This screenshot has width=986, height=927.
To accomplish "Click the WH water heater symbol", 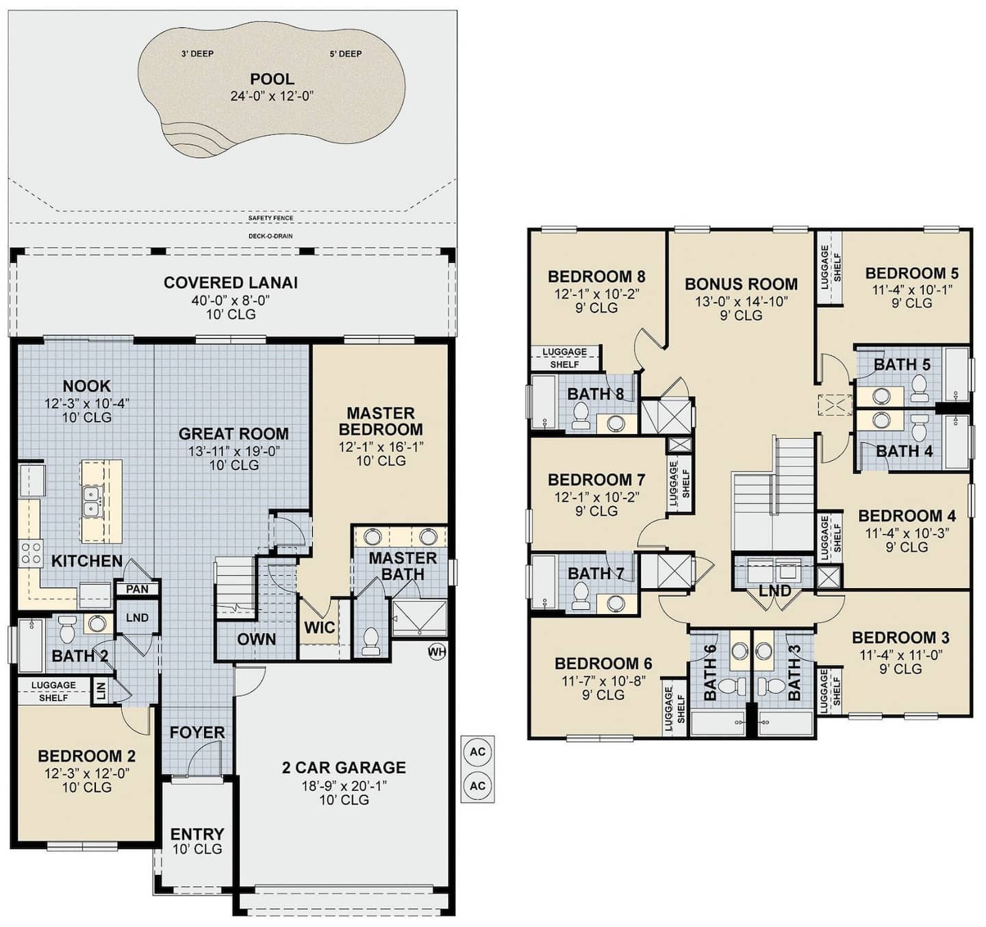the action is (436, 651).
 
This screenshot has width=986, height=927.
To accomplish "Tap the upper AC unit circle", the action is (478, 752).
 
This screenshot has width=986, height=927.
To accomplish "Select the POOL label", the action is (272, 79).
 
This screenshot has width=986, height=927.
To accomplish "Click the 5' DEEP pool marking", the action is (346, 53).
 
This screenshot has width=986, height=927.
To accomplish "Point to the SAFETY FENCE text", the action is (270, 218).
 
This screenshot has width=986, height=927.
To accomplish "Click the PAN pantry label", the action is (137, 589).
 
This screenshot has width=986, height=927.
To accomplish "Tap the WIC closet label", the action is (319, 628).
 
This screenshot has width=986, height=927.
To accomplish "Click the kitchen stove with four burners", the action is (31, 553).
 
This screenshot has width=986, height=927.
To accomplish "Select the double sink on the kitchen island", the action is (92, 501).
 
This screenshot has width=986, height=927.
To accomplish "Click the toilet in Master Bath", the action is (371, 641).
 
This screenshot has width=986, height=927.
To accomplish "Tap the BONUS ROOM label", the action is (742, 284).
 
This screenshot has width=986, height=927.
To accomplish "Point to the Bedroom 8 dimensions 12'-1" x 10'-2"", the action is (596, 294).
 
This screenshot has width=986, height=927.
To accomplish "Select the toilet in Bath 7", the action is (581, 595).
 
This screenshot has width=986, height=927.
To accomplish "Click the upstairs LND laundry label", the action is (775, 590).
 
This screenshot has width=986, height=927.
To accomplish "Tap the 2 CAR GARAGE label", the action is (344, 767).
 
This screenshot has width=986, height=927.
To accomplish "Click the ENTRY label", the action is (197, 834).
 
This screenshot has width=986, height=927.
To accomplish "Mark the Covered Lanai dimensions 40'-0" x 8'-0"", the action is (231, 301).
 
